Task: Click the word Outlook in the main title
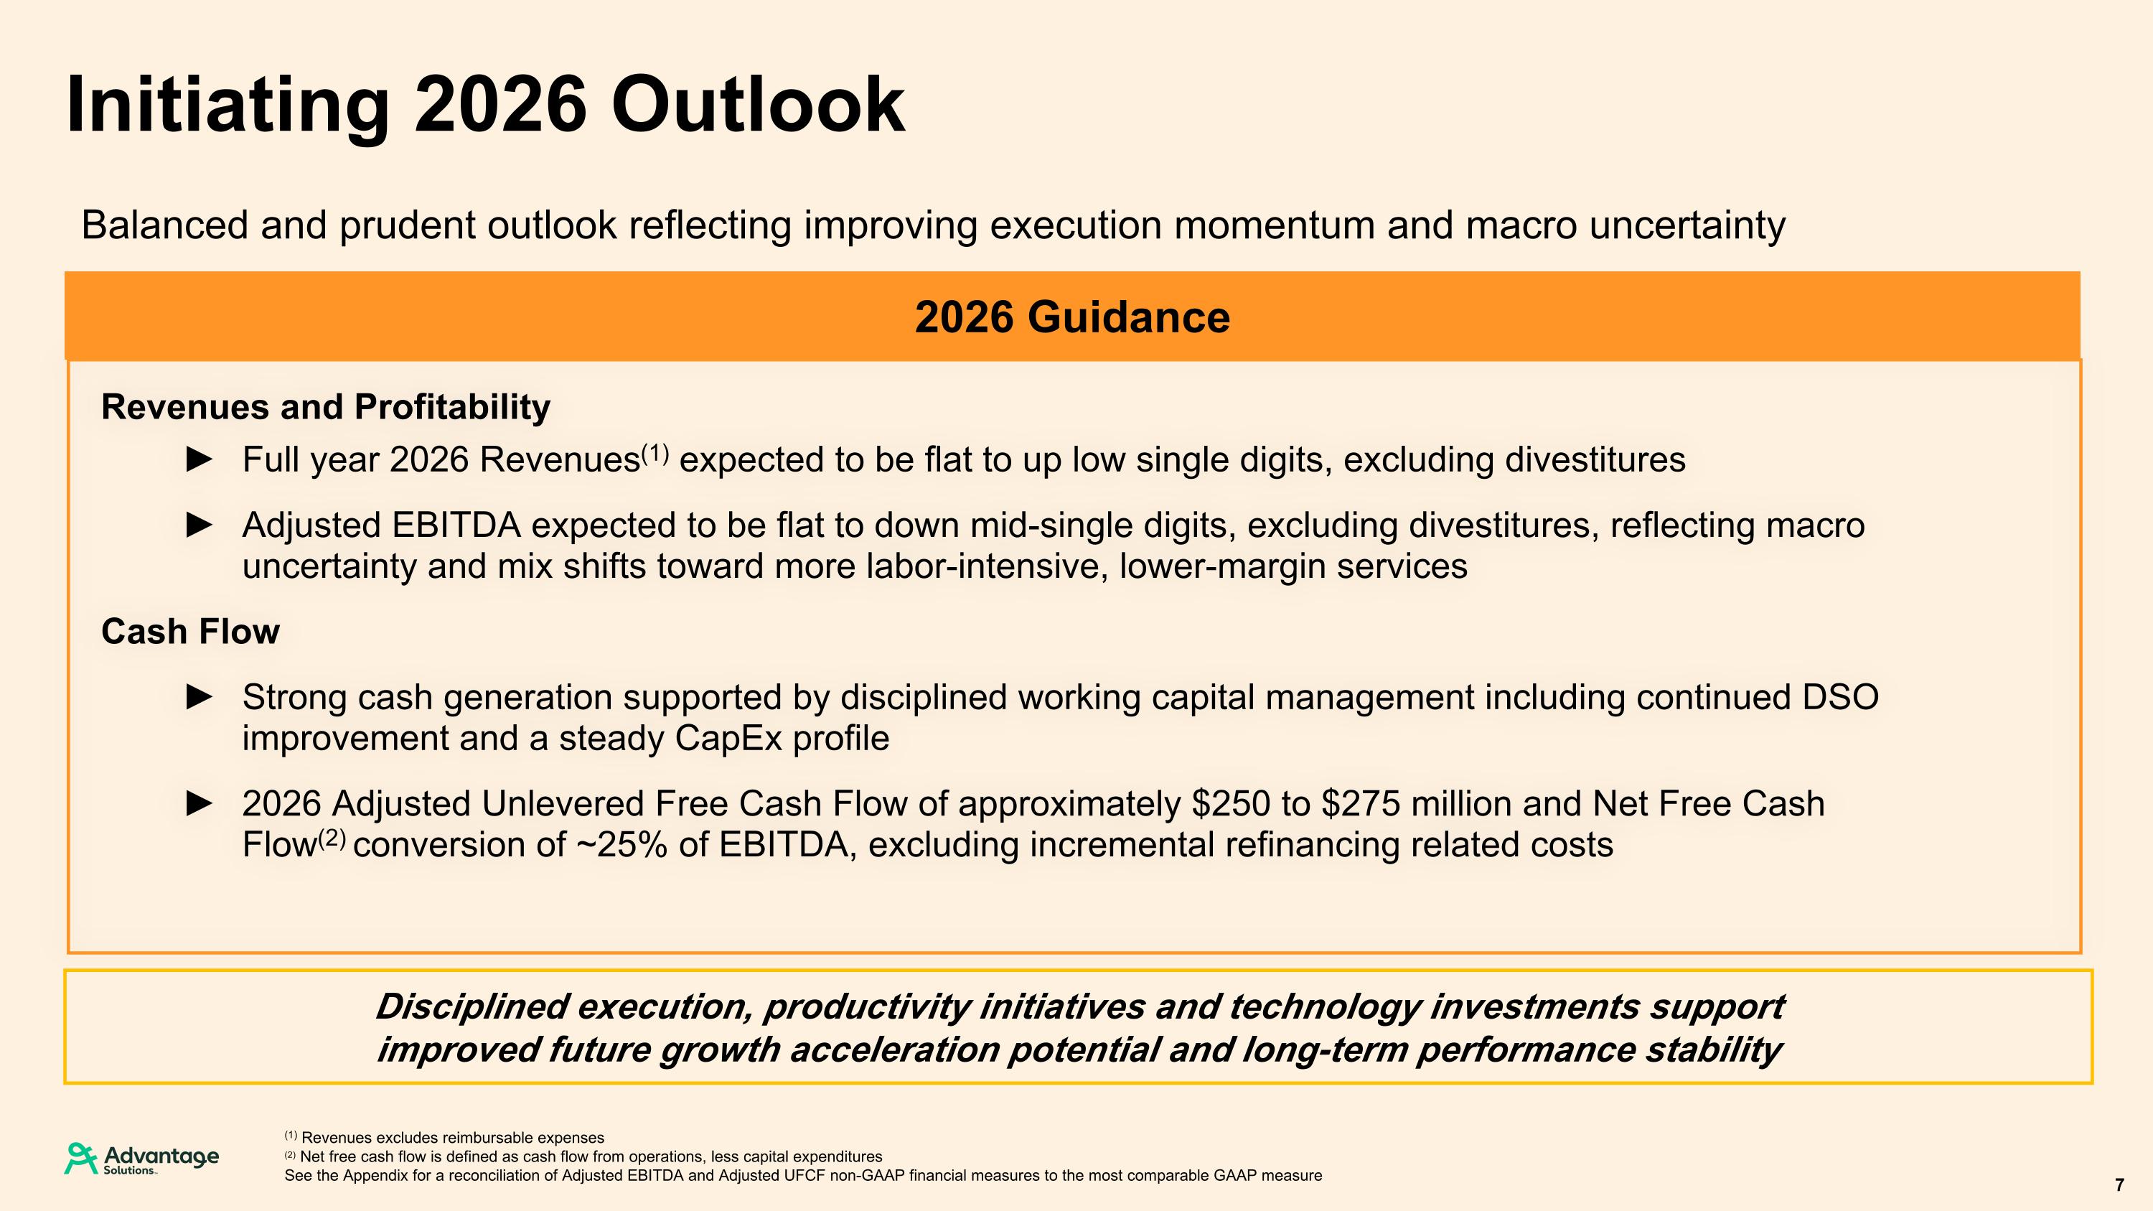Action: coord(757,106)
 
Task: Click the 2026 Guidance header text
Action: coord(1072,317)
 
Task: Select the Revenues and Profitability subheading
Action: coord(325,407)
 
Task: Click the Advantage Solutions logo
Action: coord(142,1159)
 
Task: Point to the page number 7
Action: coord(2119,1185)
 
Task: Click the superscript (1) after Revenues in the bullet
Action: coord(655,454)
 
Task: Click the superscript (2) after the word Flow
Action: coord(332,838)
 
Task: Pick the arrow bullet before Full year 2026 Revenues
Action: coord(199,459)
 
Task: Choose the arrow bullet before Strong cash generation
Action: coord(199,697)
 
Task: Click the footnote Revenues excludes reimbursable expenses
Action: coord(451,1138)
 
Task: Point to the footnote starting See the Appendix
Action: coord(802,1176)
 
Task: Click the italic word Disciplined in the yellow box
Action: coord(472,1007)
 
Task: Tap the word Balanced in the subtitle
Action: coord(164,225)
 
